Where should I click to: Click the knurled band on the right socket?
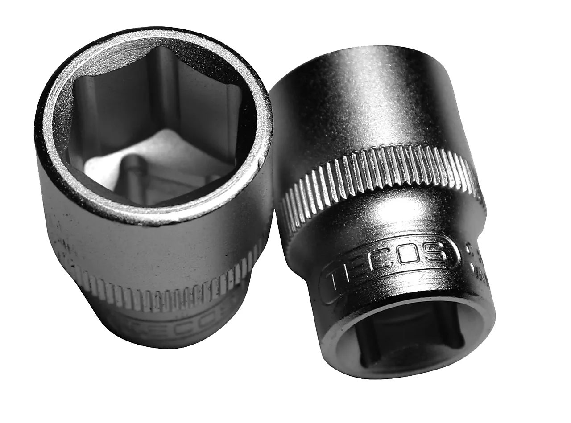[379, 174]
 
